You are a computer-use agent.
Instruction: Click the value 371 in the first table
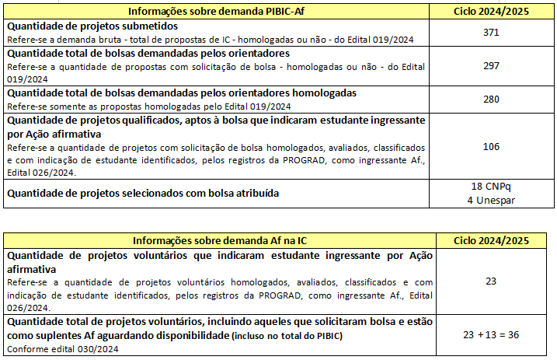(x=490, y=33)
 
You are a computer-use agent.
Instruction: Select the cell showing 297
(x=490, y=65)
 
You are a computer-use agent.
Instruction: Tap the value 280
(x=490, y=99)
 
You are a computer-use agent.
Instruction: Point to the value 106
(x=490, y=146)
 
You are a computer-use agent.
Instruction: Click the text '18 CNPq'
(x=491, y=187)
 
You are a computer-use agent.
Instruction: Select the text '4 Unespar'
(x=491, y=200)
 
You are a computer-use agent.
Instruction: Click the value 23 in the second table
(x=490, y=281)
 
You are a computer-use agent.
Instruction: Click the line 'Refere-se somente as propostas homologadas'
(x=148, y=106)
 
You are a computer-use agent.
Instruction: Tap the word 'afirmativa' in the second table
(x=31, y=267)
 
